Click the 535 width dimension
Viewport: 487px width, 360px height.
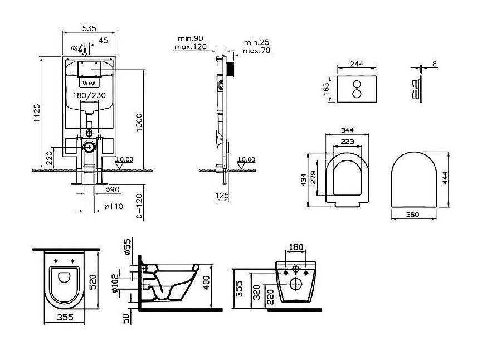89,28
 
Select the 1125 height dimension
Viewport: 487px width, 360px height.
37,113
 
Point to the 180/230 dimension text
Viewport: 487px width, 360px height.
89,95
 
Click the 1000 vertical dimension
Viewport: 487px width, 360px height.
139,123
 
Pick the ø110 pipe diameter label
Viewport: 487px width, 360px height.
114,206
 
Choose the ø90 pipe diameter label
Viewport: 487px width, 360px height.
113,189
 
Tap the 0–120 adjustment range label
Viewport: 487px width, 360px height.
139,206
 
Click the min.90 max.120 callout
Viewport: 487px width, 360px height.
191,42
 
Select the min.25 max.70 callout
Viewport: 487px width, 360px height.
256,46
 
